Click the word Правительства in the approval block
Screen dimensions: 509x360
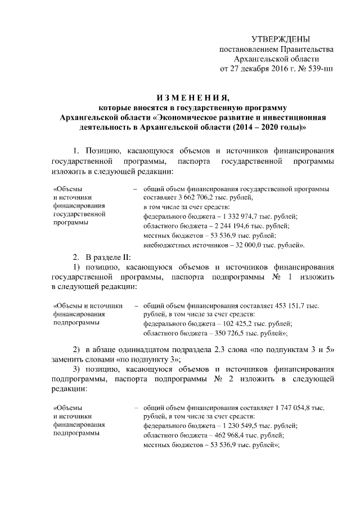(303, 49)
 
